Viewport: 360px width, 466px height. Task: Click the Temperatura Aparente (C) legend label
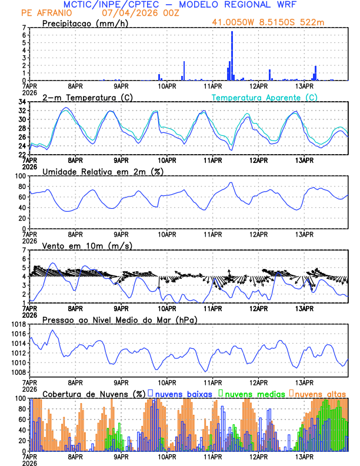pyautogui.click(x=265, y=97)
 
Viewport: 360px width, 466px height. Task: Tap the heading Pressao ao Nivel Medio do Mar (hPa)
pyautogui.click(x=120, y=319)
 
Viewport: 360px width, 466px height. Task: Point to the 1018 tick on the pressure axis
pyautogui.click(x=18, y=324)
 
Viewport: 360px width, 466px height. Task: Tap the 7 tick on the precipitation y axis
pyautogui.click(x=24, y=28)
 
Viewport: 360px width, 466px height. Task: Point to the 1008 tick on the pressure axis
pyautogui.click(x=18, y=372)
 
